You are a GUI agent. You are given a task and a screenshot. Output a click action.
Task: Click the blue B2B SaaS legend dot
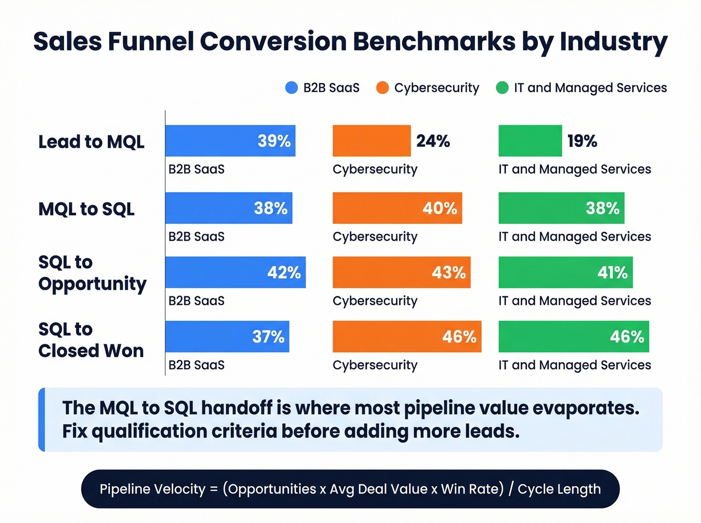click(291, 88)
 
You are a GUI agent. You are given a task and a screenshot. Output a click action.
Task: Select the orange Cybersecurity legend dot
click(383, 88)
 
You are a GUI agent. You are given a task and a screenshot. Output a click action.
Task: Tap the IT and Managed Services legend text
click(590, 88)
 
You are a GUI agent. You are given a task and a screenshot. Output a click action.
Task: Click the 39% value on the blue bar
click(274, 141)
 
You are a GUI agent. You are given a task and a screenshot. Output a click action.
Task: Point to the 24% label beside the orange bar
click(433, 141)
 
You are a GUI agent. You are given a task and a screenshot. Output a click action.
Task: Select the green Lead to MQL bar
click(530, 141)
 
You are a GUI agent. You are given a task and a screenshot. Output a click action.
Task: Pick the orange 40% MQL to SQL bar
click(397, 208)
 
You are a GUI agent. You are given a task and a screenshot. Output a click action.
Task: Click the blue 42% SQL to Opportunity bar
click(235, 272)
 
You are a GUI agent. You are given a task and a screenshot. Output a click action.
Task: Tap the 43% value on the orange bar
click(449, 272)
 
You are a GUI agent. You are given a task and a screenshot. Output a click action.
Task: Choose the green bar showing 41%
click(565, 272)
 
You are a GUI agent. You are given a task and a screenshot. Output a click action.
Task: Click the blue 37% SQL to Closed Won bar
click(227, 336)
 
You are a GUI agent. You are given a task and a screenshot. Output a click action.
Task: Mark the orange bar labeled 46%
click(407, 336)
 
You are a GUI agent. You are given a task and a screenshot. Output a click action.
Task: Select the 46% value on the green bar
click(627, 336)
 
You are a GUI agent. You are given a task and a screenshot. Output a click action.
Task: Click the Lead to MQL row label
click(91, 142)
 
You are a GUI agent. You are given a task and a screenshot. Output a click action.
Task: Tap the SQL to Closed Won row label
click(91, 340)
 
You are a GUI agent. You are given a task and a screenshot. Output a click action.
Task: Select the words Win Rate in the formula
click(472, 489)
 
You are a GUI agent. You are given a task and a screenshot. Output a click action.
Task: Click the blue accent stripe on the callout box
click(42, 419)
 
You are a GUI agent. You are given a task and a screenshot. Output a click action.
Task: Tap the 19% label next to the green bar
click(582, 141)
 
